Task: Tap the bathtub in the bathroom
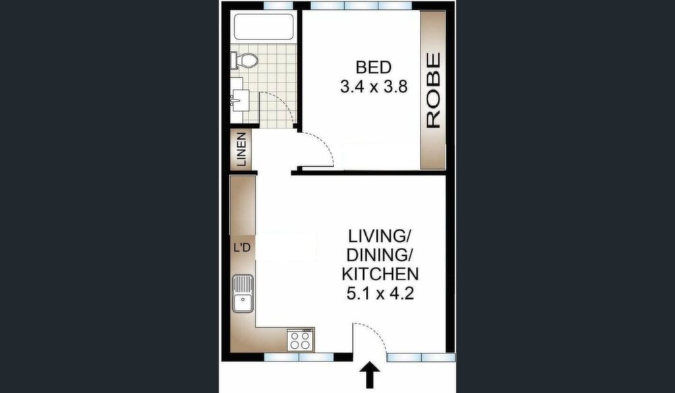coord(263,26)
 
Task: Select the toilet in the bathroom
coord(244,60)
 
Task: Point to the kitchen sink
coord(243,293)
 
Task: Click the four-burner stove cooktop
coord(300,340)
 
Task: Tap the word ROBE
coord(433,90)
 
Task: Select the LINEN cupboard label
coord(241,150)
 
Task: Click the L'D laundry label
coord(242,248)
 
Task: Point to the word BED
coord(374,67)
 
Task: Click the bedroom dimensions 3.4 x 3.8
coord(373,88)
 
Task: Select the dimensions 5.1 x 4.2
coord(380,293)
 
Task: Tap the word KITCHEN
coord(380,274)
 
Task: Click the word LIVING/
coord(380,236)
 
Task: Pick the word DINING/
coord(380,255)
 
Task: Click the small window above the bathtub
coord(278,5)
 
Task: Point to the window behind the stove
coord(299,357)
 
